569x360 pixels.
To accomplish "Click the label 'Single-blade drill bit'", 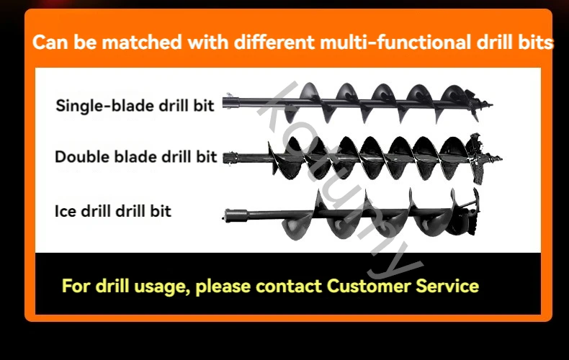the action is point(135,106).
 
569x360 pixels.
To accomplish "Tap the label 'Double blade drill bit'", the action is point(135,157).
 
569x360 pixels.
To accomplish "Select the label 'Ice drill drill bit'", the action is point(113,212).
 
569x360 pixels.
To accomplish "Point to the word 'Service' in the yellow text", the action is point(447,286).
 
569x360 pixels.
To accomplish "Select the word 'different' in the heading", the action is point(251,42).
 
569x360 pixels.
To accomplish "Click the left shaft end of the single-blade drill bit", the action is point(228,103).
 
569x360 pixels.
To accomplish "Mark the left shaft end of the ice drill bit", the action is point(228,214).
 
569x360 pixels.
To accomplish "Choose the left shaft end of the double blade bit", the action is point(228,158).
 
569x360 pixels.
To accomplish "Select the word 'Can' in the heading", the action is point(48,42).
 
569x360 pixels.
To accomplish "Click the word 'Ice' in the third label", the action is point(65,212).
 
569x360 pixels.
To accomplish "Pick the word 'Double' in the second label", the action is point(77,157).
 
